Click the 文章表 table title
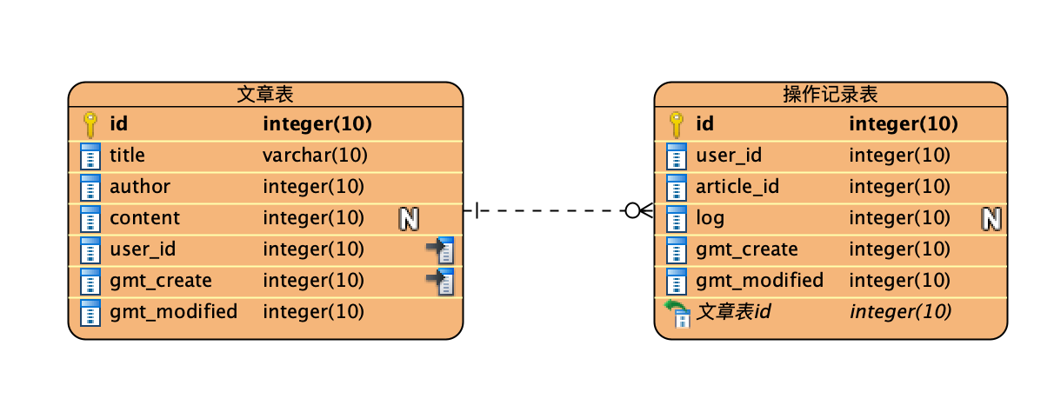[265, 94]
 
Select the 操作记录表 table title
[831, 94]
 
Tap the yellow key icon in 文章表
[90, 124]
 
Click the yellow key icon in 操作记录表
[677, 124]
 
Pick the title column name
[127, 155]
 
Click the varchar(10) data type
[315, 155]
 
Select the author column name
[140, 186]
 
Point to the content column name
[144, 218]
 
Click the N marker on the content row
[409, 219]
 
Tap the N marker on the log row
[991, 219]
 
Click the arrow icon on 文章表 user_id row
[441, 249]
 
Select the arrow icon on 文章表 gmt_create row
[441, 282]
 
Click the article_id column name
[737, 186]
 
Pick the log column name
[710, 219]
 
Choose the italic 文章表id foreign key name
[734, 311]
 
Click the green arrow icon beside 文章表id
[677, 314]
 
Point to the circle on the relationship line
[632, 210]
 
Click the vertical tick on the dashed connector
[477, 210]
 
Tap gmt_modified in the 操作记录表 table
[759, 280]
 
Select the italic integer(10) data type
[901, 311]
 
